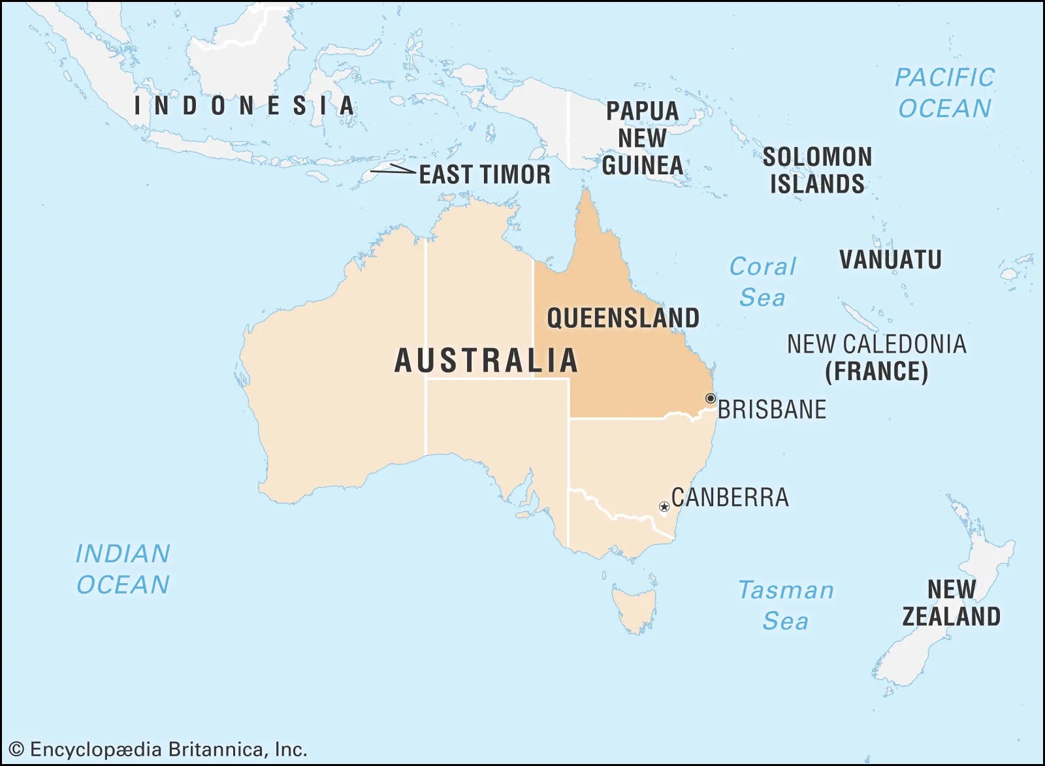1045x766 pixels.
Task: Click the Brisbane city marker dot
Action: [711, 398]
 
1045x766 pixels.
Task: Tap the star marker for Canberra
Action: [664, 507]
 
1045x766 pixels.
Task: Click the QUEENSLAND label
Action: [623, 318]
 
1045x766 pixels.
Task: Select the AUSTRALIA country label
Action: [487, 360]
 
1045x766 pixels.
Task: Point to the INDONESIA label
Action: [244, 106]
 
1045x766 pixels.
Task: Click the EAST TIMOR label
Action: [485, 174]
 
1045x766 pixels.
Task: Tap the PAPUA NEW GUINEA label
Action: [643, 138]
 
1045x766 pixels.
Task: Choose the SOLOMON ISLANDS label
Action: [817, 170]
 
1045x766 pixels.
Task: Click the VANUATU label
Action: [891, 259]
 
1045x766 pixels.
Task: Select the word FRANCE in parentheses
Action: [876, 372]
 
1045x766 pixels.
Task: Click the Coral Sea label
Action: [762, 281]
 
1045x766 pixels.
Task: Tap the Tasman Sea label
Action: [786, 605]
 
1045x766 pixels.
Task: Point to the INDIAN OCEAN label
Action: [123, 569]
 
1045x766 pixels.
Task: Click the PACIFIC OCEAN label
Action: [944, 93]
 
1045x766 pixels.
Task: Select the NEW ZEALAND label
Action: [951, 603]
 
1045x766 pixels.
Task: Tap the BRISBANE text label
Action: [772, 409]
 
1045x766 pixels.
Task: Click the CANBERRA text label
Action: [730, 498]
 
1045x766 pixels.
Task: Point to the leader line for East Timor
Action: [393, 170]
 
